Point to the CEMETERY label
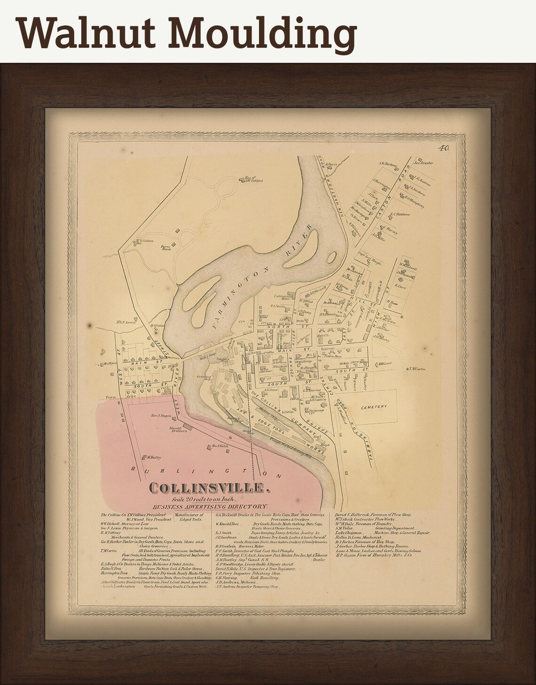tap(375, 406)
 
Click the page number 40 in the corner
tap(444, 148)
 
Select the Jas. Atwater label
tap(423, 164)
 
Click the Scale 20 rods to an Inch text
tap(207, 499)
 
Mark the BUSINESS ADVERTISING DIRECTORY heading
tap(210, 506)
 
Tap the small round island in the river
tap(331, 257)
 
